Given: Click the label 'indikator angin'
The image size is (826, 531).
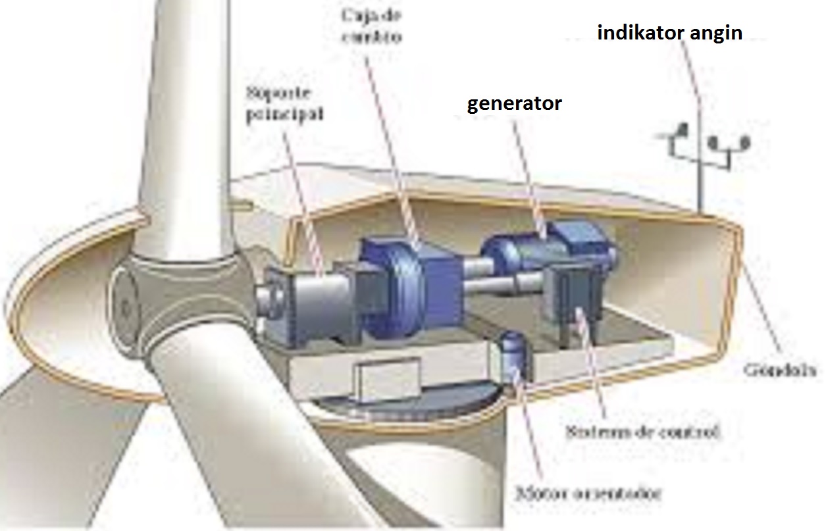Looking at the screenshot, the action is point(669,33).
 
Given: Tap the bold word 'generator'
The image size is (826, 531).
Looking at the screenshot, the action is point(514,104).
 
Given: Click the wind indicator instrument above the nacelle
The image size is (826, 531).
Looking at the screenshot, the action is point(701,146).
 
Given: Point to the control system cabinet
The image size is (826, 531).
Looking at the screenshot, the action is point(577,295).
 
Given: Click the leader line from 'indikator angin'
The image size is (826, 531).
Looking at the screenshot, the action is point(691,72).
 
